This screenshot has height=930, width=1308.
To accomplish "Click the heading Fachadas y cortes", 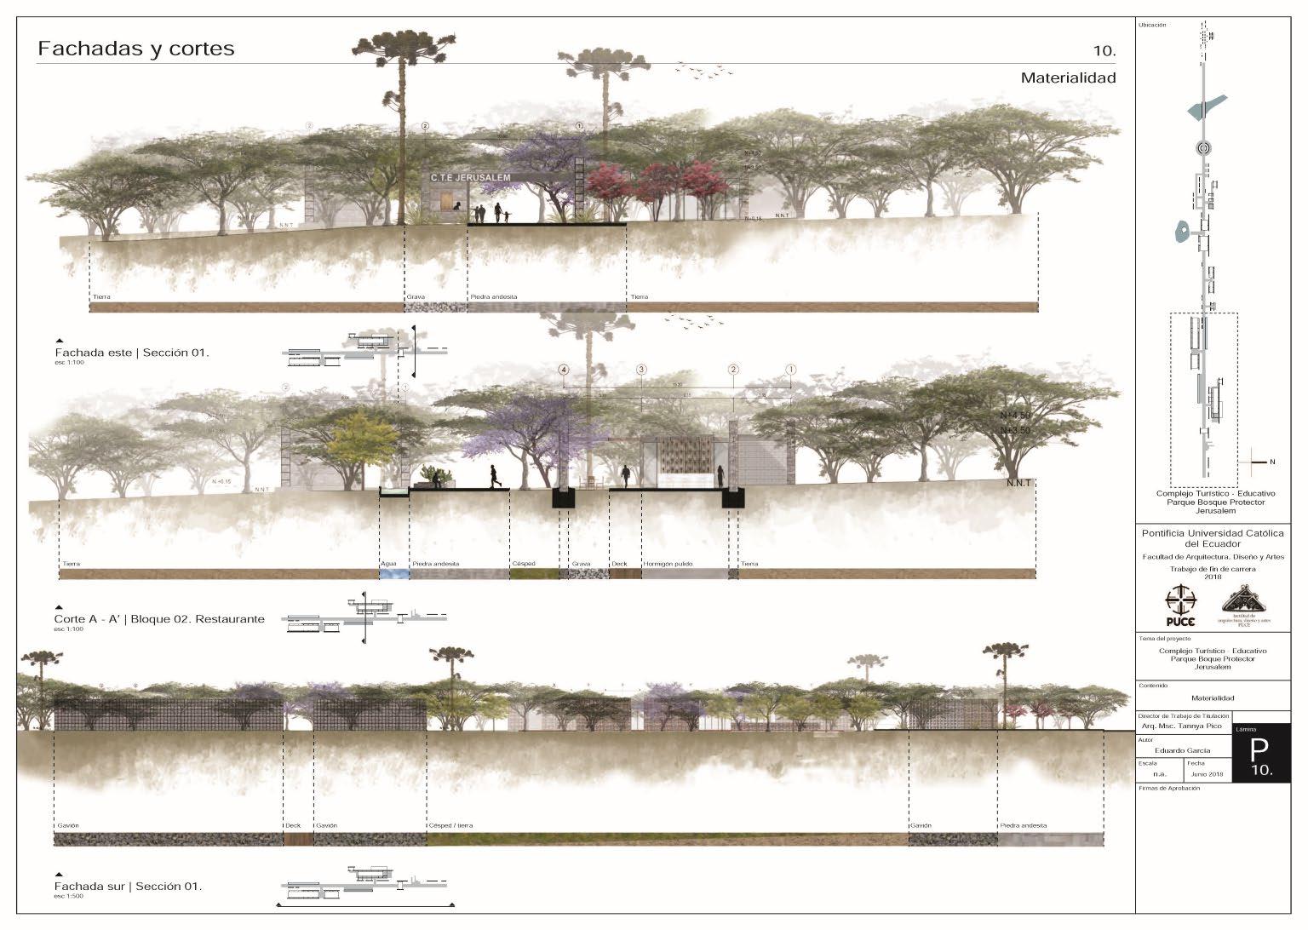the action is [136, 49].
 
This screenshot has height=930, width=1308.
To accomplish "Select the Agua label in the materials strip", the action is [387, 564].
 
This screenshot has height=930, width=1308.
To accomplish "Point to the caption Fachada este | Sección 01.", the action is [132, 352].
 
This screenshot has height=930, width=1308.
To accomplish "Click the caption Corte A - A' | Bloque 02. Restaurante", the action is [159, 619].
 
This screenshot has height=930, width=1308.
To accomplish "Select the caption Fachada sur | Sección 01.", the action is [129, 887].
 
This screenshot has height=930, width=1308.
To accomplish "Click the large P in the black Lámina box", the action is [1258, 749].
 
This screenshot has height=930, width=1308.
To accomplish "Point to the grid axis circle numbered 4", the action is [563, 370].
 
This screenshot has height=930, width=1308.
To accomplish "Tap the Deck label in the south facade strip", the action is [293, 825].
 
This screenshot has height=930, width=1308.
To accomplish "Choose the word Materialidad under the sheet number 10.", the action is [1068, 77].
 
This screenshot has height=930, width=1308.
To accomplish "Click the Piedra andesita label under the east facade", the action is [493, 297].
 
